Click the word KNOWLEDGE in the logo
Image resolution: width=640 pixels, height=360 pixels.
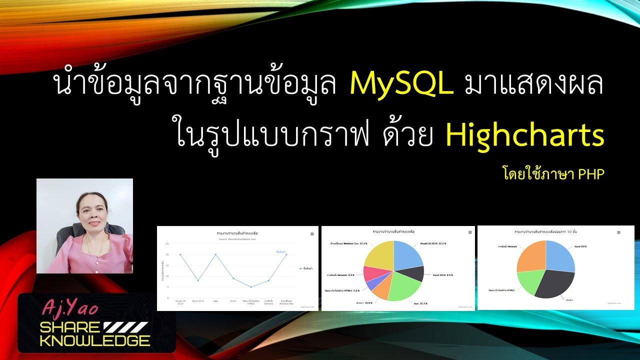click(x=94, y=341)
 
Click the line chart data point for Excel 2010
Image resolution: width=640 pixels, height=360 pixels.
click(x=198, y=280)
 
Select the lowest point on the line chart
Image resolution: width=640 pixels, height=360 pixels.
click(x=251, y=287)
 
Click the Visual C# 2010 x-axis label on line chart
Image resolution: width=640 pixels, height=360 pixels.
click(x=180, y=302)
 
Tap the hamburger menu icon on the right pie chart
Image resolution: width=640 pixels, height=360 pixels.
click(x=618, y=232)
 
